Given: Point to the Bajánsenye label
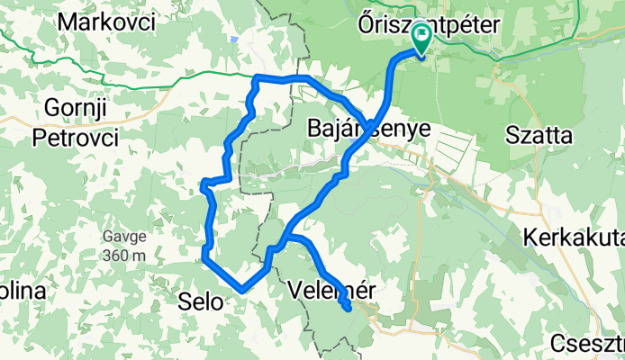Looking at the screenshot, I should [x=368, y=130].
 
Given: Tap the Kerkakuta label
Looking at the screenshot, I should [x=574, y=238].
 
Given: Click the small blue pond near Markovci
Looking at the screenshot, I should [x=233, y=39].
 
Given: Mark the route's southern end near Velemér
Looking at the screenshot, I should [x=348, y=310].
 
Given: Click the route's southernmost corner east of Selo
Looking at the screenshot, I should [x=241, y=290].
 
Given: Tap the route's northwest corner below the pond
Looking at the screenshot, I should [x=258, y=78].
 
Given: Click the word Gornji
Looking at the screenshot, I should [x=69, y=110].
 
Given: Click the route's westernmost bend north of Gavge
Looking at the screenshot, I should [x=203, y=186].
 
